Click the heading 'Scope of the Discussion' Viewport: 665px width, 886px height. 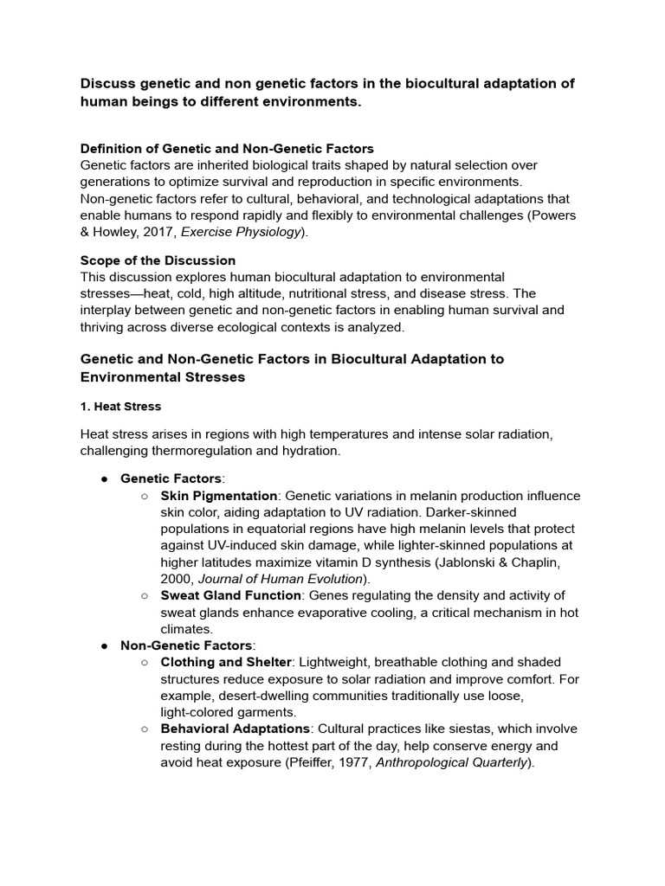coord(158,260)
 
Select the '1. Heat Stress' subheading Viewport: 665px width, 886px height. coord(120,406)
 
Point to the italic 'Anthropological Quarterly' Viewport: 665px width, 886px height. coord(452,762)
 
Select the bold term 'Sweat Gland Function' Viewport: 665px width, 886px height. coord(230,595)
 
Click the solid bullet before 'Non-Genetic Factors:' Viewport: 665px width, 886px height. coord(104,645)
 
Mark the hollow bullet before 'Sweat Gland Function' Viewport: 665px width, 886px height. coord(145,595)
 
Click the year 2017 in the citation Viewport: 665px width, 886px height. coord(158,232)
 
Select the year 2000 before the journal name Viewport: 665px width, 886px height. coord(178,578)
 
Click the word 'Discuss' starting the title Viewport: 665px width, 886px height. coord(107,83)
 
